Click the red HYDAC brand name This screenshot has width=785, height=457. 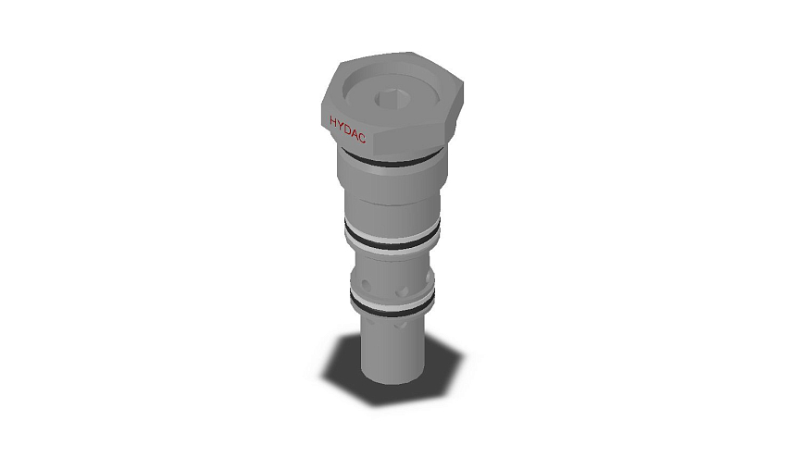pos(347,130)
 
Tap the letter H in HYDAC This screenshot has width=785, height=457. pos(333,121)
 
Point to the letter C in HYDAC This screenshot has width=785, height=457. pos(362,138)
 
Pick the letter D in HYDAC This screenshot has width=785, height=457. pos(347,130)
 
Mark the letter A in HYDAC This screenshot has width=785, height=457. pos(355,133)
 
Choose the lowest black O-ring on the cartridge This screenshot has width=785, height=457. pos(392,307)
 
